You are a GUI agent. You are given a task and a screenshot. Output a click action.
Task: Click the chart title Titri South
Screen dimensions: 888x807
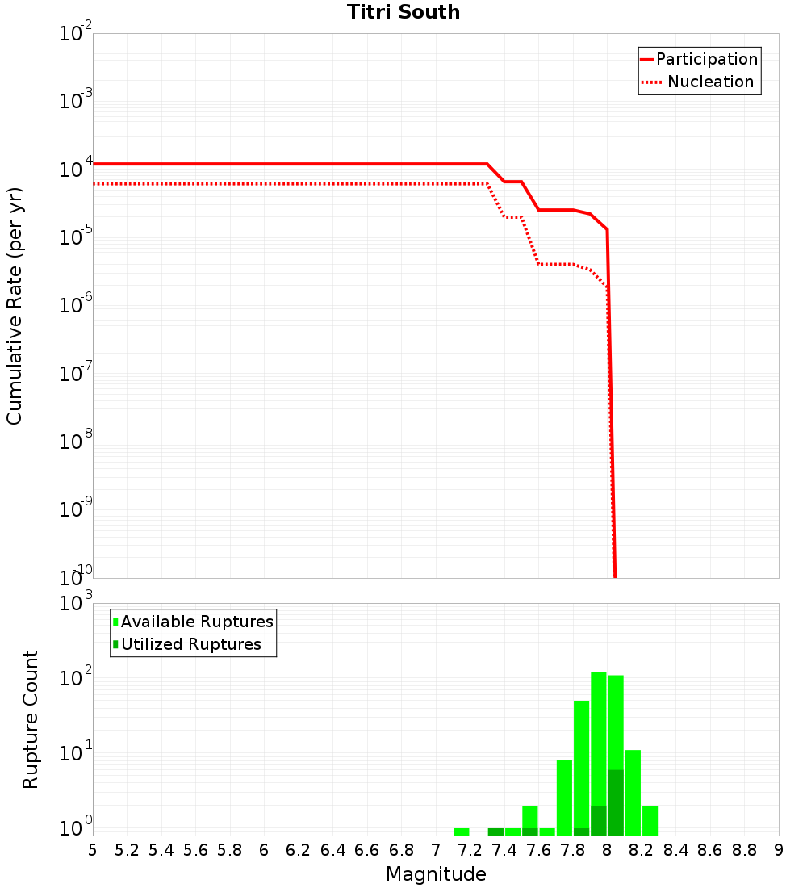pyautogui.click(x=403, y=12)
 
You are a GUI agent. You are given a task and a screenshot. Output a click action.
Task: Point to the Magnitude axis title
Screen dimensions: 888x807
pyautogui.click(x=436, y=874)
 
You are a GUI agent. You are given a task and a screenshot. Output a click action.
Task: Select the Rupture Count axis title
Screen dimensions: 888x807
pyautogui.click(x=31, y=719)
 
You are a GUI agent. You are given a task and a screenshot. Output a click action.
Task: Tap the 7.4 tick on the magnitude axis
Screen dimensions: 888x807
pyautogui.click(x=504, y=850)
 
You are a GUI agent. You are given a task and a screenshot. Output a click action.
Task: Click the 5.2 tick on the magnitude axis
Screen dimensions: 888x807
pyautogui.click(x=127, y=850)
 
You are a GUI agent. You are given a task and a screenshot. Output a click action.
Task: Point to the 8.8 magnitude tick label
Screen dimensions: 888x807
pyautogui.click(x=744, y=850)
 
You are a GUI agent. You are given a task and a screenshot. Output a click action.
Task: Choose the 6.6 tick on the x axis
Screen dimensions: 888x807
pyautogui.click(x=367, y=850)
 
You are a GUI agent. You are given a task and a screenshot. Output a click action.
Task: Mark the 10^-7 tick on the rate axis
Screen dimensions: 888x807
pyautogui.click(x=76, y=374)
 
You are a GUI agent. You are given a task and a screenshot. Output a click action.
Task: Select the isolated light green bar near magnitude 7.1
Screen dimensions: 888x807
pyautogui.click(x=462, y=831)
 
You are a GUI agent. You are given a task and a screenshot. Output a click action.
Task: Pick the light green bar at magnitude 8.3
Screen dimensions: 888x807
pyautogui.click(x=650, y=820)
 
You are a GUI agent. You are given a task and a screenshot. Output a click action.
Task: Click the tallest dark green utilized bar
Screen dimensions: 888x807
pyautogui.click(x=616, y=802)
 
